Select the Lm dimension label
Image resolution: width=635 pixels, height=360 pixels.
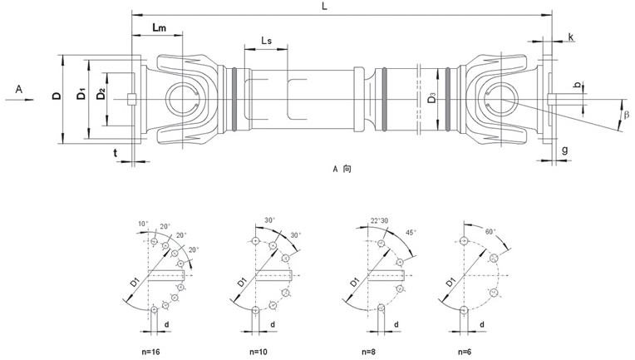point(160,29)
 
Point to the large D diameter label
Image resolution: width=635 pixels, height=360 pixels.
point(55,97)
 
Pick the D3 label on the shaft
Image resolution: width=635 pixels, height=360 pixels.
point(431,100)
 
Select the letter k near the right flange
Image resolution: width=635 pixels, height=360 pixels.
point(571,37)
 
